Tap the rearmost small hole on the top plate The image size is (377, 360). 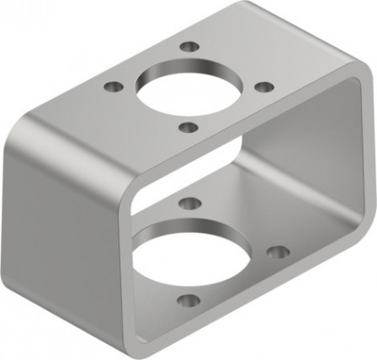191,46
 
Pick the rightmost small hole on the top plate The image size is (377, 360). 263,87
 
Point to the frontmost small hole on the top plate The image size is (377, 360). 189,127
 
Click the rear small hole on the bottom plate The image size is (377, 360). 190,203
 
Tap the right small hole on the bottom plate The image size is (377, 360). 278,251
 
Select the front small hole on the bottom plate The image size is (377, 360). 189,299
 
